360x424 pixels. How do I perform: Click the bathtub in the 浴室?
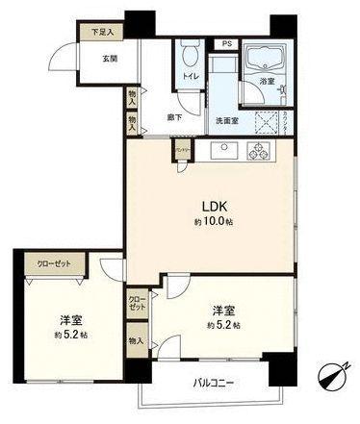(x=260, y=63)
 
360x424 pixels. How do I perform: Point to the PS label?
(x=226, y=44)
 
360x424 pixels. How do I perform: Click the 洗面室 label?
(x=226, y=121)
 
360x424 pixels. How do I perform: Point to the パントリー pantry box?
(x=181, y=149)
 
